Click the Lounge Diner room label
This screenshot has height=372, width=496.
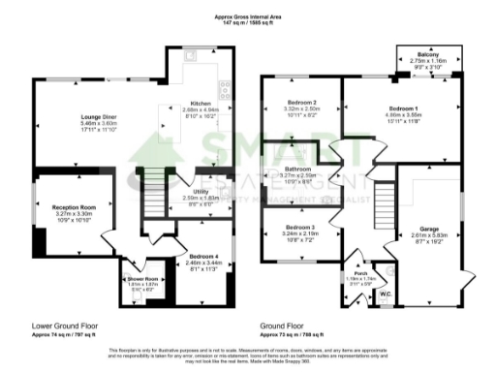click(98, 119)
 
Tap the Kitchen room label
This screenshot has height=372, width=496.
click(200, 103)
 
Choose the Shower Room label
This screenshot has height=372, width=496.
click(142, 278)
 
